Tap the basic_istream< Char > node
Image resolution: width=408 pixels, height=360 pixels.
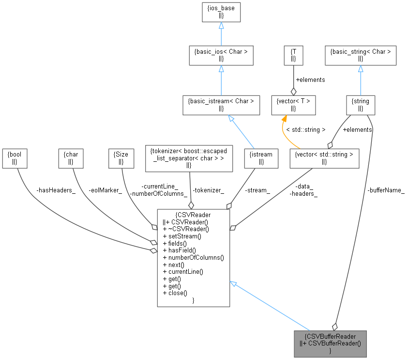(221, 105)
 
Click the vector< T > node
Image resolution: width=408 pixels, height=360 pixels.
(293, 105)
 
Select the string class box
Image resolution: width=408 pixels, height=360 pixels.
(361, 105)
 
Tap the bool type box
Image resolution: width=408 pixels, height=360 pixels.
(15, 158)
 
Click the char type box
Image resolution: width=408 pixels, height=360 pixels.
(71, 158)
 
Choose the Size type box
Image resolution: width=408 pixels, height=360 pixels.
(121, 158)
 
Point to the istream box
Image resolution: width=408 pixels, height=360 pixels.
(261, 158)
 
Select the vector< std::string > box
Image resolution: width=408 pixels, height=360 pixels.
(324, 158)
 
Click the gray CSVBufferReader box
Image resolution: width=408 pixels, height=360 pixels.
(330, 344)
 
